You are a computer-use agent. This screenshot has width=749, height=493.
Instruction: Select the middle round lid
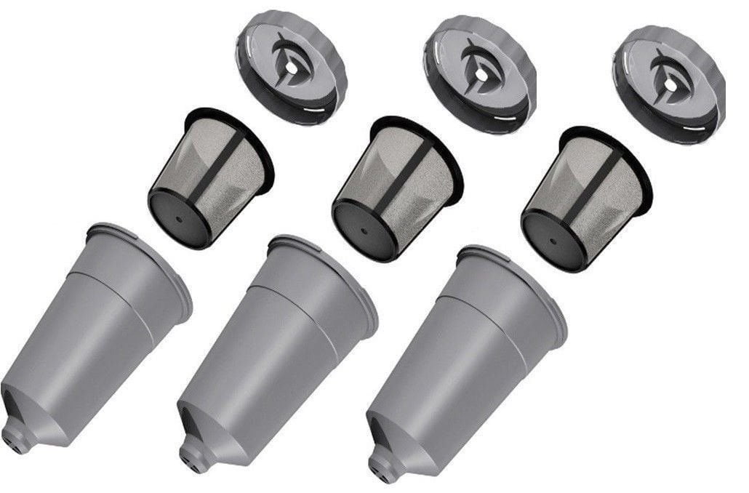pyautogui.click(x=478, y=73)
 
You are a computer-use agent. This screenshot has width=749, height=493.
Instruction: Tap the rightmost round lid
pyautogui.click(x=668, y=81)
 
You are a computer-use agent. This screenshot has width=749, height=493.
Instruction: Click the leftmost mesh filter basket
pyautogui.click(x=211, y=175)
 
